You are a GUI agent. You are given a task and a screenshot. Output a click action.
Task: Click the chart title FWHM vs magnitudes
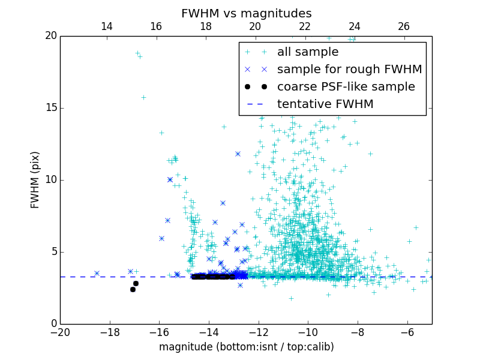click(x=246, y=13)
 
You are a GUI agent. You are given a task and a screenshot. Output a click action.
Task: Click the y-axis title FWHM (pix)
click(x=35, y=180)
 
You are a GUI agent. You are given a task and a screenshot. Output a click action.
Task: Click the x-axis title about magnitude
click(x=246, y=347)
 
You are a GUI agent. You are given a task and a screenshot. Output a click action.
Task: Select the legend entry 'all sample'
click(x=308, y=52)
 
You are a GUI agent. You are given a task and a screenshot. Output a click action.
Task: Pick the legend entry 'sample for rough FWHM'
click(x=349, y=69)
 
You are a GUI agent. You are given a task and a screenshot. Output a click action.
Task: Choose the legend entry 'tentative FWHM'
click(x=325, y=104)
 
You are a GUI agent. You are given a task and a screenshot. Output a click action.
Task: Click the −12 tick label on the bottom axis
click(x=258, y=332)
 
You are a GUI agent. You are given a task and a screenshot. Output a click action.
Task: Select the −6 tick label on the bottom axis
click(x=407, y=332)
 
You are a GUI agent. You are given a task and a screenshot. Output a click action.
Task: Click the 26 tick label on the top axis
click(x=404, y=26)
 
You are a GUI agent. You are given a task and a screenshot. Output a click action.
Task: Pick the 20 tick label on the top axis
click(x=255, y=26)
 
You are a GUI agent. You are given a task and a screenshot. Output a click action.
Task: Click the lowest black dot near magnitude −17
click(x=133, y=289)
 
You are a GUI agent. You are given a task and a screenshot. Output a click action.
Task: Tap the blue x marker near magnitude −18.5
click(x=97, y=273)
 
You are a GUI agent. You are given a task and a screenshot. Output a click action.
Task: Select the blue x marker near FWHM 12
click(x=238, y=154)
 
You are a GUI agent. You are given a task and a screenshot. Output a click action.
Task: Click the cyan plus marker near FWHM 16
click(x=143, y=97)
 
